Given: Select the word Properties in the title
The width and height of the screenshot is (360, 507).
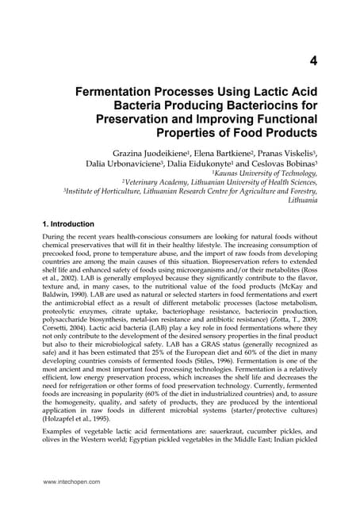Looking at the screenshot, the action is click(208, 131).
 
